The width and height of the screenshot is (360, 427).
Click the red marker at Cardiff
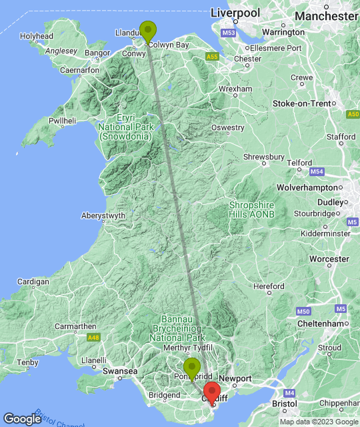click(212, 392)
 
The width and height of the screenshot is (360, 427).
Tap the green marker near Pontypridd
click(192, 367)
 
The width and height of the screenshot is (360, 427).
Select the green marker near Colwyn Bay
click(147, 31)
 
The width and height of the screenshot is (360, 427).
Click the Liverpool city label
click(235, 13)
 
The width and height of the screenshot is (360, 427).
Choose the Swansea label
click(121, 370)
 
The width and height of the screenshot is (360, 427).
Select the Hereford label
click(269, 286)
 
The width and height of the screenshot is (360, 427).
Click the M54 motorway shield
click(317, 172)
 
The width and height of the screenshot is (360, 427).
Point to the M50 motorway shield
click(303, 311)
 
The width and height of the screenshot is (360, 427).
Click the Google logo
click(22, 418)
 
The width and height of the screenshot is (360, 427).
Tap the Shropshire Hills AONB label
click(251, 209)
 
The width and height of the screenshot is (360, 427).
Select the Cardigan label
click(33, 282)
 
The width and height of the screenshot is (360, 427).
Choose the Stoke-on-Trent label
click(302, 103)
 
